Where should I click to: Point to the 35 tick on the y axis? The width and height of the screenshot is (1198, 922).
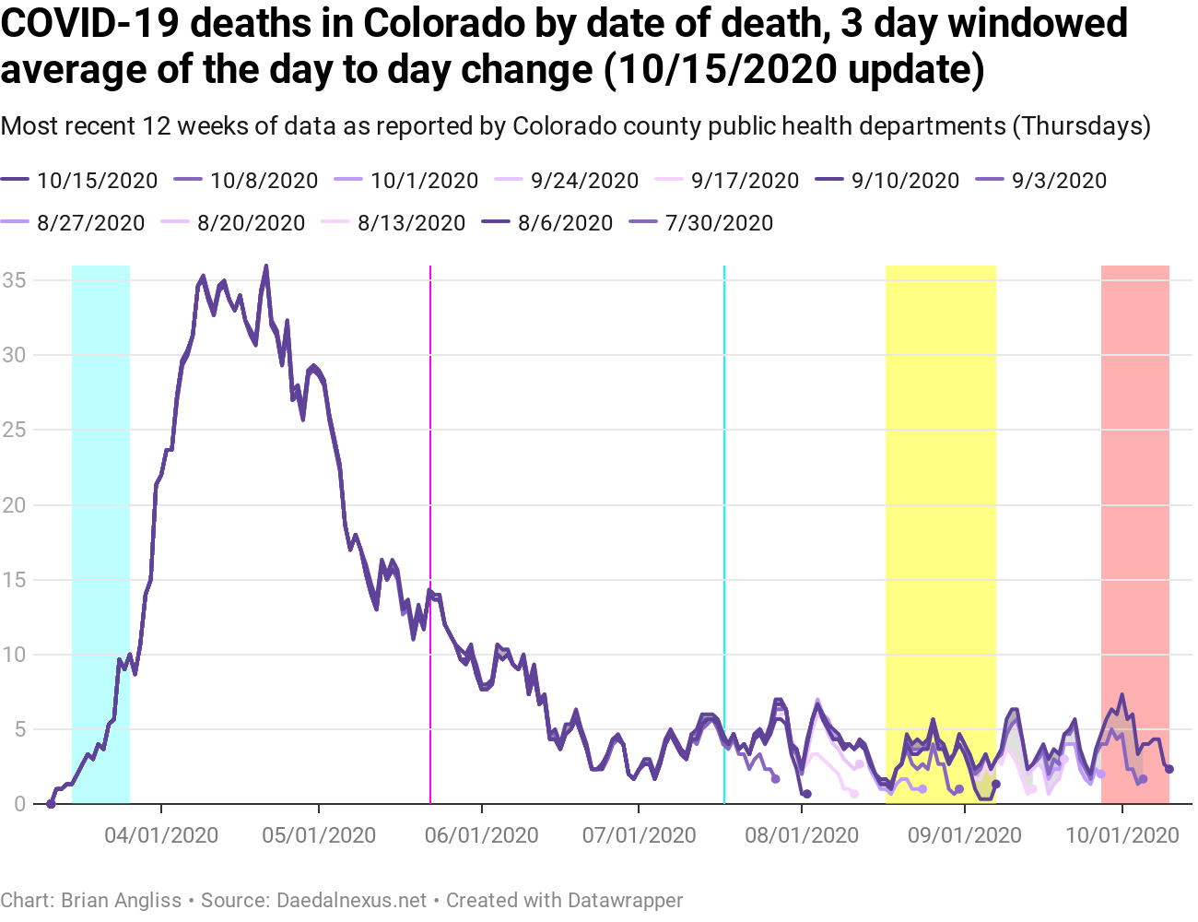click(13, 279)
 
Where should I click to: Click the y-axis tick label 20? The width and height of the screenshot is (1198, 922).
click(13, 504)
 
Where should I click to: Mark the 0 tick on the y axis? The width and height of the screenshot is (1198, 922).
click(19, 804)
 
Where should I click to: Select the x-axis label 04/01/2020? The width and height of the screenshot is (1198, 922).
click(161, 835)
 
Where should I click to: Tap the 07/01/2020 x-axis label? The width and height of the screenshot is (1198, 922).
click(639, 835)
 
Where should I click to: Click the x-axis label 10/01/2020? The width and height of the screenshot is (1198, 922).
click(1122, 835)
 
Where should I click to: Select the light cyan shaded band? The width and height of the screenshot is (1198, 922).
click(100, 461)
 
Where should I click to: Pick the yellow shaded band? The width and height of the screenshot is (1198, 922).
click(940, 461)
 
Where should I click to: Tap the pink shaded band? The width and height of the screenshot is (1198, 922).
click(1134, 461)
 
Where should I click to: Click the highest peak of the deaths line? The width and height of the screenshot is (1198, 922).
click(266, 266)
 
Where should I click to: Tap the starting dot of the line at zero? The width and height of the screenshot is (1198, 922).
click(51, 804)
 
